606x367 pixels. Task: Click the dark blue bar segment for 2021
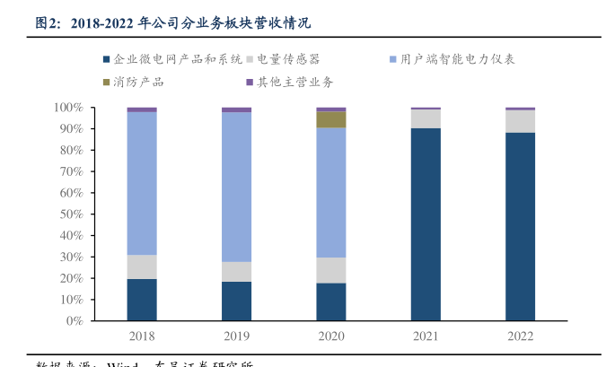coord(426,224)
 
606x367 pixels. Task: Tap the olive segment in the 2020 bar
coord(330,119)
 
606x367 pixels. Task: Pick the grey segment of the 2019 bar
coord(236,271)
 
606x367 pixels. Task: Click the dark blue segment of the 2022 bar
coord(520,226)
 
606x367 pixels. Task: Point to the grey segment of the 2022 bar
coord(520,121)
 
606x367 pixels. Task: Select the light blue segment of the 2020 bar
coord(330,192)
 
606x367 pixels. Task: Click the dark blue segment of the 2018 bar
coord(142,300)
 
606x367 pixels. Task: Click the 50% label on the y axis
coord(71,214)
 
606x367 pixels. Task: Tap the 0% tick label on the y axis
coord(75,320)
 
